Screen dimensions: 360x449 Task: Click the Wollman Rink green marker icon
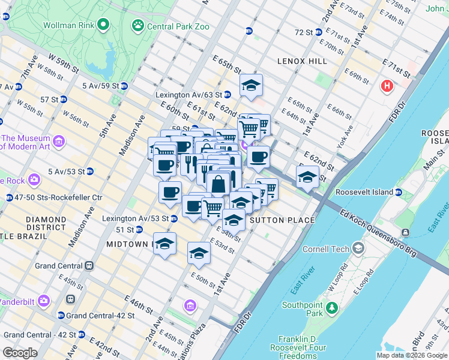click(103, 25)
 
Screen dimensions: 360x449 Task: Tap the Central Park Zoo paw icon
click(138, 26)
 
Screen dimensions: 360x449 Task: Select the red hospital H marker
click(387, 86)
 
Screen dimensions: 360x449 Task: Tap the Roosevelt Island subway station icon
click(398, 192)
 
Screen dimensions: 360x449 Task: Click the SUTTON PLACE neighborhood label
click(282, 220)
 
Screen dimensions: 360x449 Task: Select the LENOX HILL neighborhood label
click(302, 61)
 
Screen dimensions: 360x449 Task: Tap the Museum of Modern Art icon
click(59, 142)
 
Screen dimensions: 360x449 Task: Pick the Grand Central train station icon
click(89, 265)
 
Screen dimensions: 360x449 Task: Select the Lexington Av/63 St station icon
click(228, 95)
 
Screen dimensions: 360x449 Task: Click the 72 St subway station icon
click(318, 32)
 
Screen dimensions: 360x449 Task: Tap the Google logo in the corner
click(20, 352)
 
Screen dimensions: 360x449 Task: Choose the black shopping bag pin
click(218, 183)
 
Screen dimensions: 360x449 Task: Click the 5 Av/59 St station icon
click(124, 86)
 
